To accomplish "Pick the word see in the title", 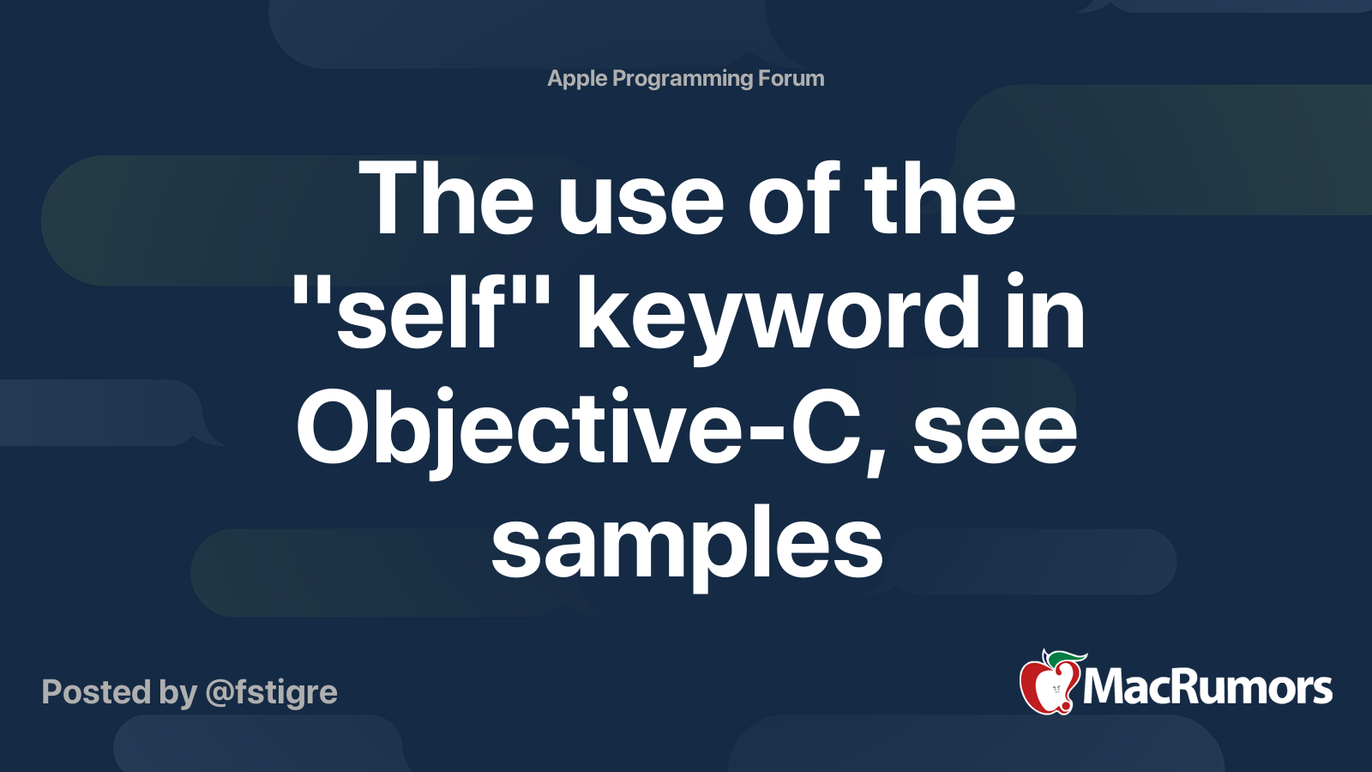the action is tap(995, 434).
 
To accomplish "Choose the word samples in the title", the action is tap(687, 547).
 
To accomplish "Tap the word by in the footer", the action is tap(178, 693).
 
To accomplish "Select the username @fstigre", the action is tap(271, 693).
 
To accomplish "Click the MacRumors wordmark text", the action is tap(1207, 688).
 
